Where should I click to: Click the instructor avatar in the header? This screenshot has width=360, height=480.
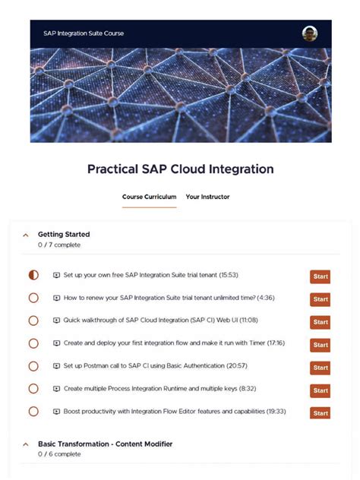tap(309, 33)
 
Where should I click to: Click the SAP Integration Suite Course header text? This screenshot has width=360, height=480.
tap(84, 33)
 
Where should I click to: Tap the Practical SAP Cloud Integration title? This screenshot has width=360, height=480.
tap(180, 169)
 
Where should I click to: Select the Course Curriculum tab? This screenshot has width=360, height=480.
tap(149, 197)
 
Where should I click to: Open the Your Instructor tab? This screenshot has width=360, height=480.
tap(207, 197)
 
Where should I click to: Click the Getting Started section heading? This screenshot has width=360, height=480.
tap(64, 235)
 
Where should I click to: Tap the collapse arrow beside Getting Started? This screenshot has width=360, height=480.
tap(26, 235)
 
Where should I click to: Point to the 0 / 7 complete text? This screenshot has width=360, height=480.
tap(59, 245)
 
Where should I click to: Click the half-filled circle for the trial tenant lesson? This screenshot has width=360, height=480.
tap(33, 275)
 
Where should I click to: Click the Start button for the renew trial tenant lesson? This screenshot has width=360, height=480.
tap(320, 299)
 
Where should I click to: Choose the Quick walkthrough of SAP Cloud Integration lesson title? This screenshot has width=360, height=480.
tap(150, 321)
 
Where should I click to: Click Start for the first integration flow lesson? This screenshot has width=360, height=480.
tap(320, 345)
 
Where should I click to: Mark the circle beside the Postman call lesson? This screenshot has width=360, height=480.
tap(33, 366)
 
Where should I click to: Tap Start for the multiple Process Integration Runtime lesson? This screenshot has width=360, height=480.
tap(320, 390)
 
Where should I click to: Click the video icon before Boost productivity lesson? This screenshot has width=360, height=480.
tap(56, 412)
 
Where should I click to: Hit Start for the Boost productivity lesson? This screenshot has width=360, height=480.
tap(320, 413)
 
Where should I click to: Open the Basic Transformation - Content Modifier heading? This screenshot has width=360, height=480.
tap(105, 444)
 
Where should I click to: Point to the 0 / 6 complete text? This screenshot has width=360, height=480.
tap(59, 454)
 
